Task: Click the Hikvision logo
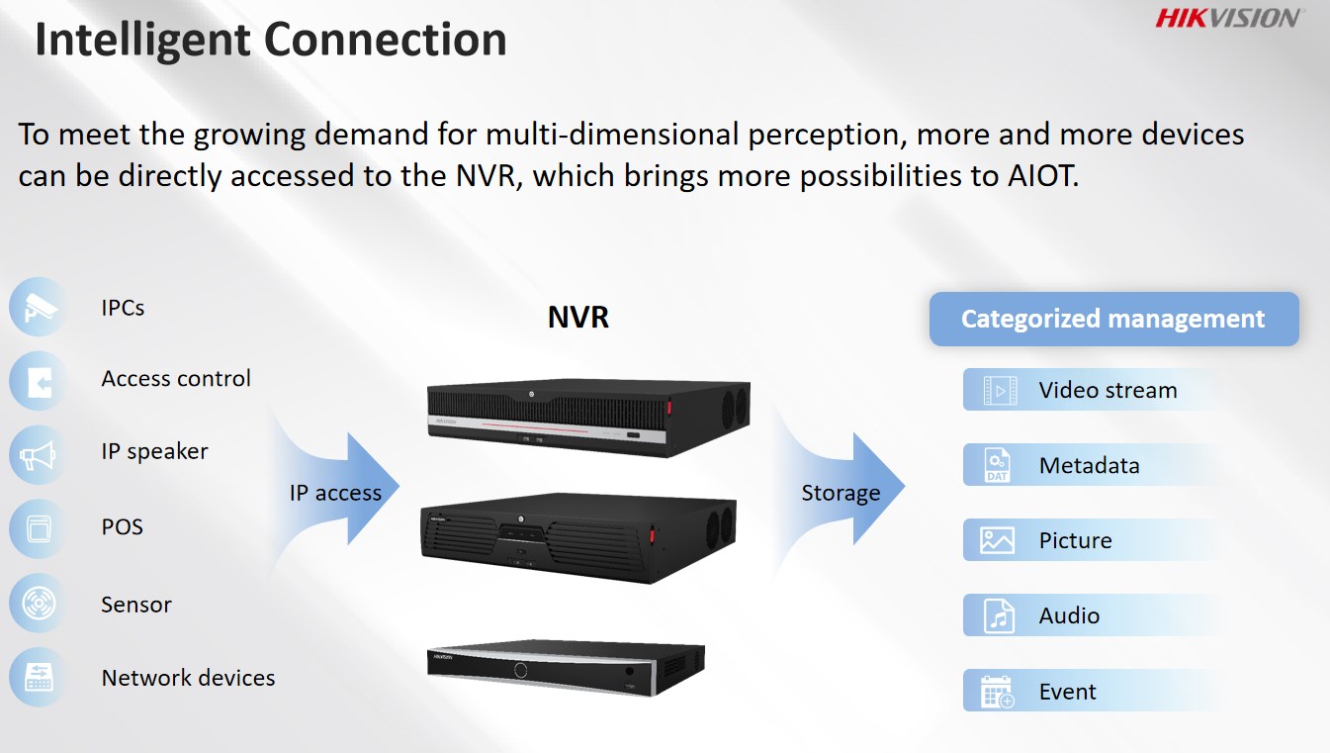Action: (1228, 18)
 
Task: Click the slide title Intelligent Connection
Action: (271, 40)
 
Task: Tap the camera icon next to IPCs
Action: (40, 307)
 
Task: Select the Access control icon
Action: (40, 380)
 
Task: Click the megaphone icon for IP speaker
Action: (40, 454)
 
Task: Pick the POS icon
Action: (40, 528)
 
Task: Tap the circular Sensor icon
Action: (40, 603)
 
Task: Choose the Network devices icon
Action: (40, 677)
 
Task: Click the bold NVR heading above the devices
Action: (577, 317)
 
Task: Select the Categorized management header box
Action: (1113, 319)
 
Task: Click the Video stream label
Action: (1108, 390)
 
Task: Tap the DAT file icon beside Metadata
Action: (997, 465)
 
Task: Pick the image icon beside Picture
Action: (997, 540)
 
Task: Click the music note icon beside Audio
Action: (999, 615)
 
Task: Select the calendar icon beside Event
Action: (998, 692)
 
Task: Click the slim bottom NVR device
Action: (566, 668)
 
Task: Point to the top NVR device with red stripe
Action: (588, 418)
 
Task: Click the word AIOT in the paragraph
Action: (1043, 176)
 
